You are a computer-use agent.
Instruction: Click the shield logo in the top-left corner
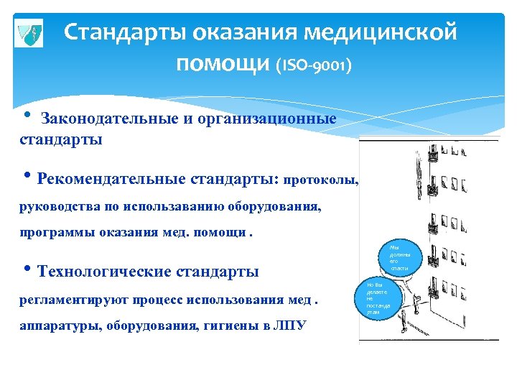coord(29,33)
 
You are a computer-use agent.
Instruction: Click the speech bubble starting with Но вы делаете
coord(376,297)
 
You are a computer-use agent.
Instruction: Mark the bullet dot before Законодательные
coord(27,117)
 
